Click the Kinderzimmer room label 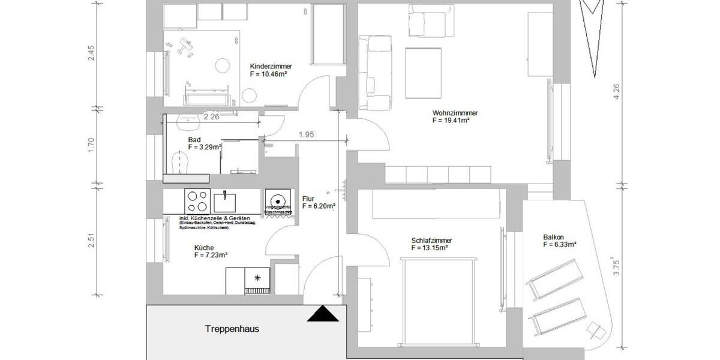(267, 67)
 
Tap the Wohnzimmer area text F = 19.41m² (450, 120)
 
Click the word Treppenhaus (232, 329)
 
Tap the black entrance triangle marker (323, 314)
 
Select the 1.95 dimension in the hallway (307, 135)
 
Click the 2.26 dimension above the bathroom (211, 117)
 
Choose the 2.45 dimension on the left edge (91, 53)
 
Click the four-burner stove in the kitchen (197, 197)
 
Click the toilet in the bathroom (180, 161)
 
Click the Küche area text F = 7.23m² (211, 255)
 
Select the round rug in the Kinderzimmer (224, 65)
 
